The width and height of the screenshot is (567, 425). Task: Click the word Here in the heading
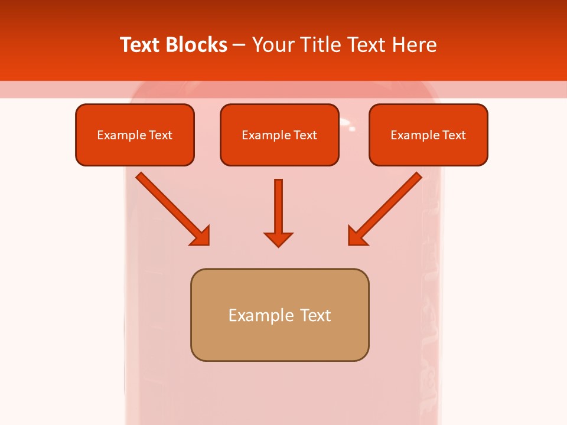[413, 45]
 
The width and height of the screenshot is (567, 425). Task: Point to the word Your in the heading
[273, 45]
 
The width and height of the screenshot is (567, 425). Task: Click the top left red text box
[135, 135]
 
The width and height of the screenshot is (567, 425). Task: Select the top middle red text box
[279, 135]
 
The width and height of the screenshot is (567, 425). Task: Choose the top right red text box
[428, 135]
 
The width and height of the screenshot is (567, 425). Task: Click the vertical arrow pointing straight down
[278, 207]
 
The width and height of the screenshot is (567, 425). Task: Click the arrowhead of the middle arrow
[278, 239]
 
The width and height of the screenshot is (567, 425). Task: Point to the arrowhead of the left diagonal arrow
[201, 236]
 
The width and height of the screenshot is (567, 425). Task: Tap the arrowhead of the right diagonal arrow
[357, 236]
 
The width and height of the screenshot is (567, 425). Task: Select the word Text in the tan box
[315, 315]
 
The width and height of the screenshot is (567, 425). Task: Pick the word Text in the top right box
[454, 135]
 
